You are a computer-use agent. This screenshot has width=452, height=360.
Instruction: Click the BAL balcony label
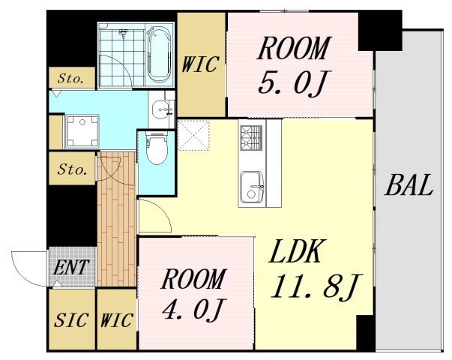409,185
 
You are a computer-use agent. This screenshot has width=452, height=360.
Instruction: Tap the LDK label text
295,251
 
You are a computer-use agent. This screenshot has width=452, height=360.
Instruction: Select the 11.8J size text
316,286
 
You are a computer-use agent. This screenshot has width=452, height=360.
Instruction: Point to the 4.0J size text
194,309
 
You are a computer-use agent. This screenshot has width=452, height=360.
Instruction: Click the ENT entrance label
71,267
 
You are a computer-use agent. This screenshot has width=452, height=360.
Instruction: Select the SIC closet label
71,320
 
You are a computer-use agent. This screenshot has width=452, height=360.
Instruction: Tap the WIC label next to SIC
117,320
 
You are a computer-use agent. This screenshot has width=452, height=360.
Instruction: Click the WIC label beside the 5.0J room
200,64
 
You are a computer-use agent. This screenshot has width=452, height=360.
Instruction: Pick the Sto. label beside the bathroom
71,78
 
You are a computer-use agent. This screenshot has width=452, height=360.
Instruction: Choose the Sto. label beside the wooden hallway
72,169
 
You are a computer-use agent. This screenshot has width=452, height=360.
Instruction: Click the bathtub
159,54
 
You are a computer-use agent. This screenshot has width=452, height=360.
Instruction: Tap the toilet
157,148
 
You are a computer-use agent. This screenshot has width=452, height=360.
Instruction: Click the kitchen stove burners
251,137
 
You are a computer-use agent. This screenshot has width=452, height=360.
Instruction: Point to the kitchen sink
252,187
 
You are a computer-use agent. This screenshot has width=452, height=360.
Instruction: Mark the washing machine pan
82,131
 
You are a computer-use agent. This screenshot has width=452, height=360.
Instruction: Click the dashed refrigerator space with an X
193,135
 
